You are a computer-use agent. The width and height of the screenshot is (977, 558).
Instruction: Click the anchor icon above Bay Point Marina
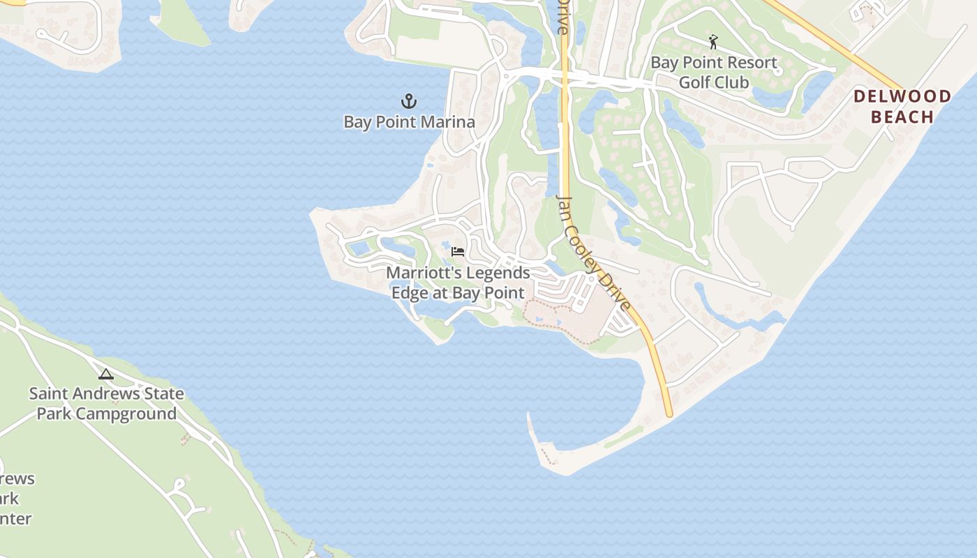[x=409, y=102]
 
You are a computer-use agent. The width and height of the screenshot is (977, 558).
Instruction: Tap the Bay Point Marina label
[x=409, y=122]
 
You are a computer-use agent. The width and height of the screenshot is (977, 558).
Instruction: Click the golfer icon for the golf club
[x=713, y=42]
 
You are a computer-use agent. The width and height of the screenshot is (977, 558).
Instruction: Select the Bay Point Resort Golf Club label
[x=714, y=73]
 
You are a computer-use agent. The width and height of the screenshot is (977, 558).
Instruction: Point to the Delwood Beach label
[x=902, y=106]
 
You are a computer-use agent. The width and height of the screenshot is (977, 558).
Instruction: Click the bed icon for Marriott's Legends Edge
[x=458, y=251]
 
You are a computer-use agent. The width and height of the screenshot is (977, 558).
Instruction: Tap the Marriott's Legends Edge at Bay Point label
[x=458, y=282]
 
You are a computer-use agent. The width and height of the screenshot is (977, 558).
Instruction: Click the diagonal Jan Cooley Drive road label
[x=593, y=252]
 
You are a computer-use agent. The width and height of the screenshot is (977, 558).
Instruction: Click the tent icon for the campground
[x=106, y=375]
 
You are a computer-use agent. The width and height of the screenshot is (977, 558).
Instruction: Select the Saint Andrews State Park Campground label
[x=107, y=403]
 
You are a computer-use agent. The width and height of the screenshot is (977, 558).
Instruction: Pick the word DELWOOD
[x=902, y=96]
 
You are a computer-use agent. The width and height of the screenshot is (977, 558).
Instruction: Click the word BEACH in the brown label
[x=902, y=116]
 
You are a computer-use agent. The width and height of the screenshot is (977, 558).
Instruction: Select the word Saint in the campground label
[x=48, y=393]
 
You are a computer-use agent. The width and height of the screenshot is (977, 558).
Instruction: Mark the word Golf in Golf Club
[x=695, y=82]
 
